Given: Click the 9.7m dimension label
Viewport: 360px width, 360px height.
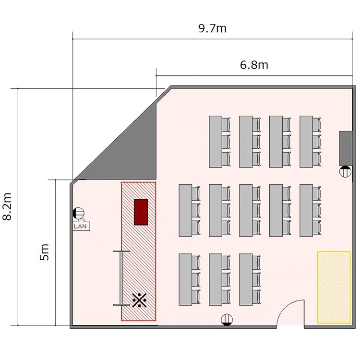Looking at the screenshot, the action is [212, 28].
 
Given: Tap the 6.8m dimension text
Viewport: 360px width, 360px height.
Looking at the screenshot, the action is [254, 65].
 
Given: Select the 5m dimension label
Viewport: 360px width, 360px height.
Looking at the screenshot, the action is [44, 252].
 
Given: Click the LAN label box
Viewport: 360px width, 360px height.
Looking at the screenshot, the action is [82, 226].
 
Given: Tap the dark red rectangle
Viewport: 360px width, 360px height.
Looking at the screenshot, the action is [141, 212].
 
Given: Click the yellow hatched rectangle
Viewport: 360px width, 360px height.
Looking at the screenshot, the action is [334, 287].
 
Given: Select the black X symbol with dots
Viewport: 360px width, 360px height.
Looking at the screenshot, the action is [139, 300].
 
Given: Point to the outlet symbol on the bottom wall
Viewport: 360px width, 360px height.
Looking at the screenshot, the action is [227, 320].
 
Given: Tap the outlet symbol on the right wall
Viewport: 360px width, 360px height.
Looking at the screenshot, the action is [345, 171].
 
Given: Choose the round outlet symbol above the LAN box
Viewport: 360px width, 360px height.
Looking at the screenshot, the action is [79, 213].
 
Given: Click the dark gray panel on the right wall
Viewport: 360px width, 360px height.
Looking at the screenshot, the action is [346, 148].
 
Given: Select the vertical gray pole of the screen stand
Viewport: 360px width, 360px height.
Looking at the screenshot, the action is [121, 278].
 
